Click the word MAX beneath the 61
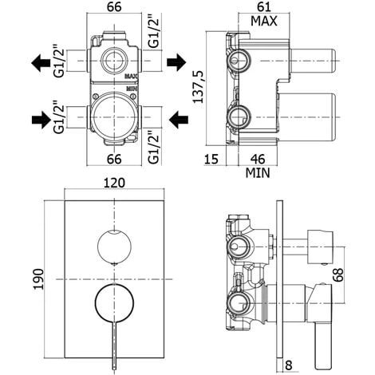(x=263, y=21)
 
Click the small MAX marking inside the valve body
(x=131, y=77)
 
